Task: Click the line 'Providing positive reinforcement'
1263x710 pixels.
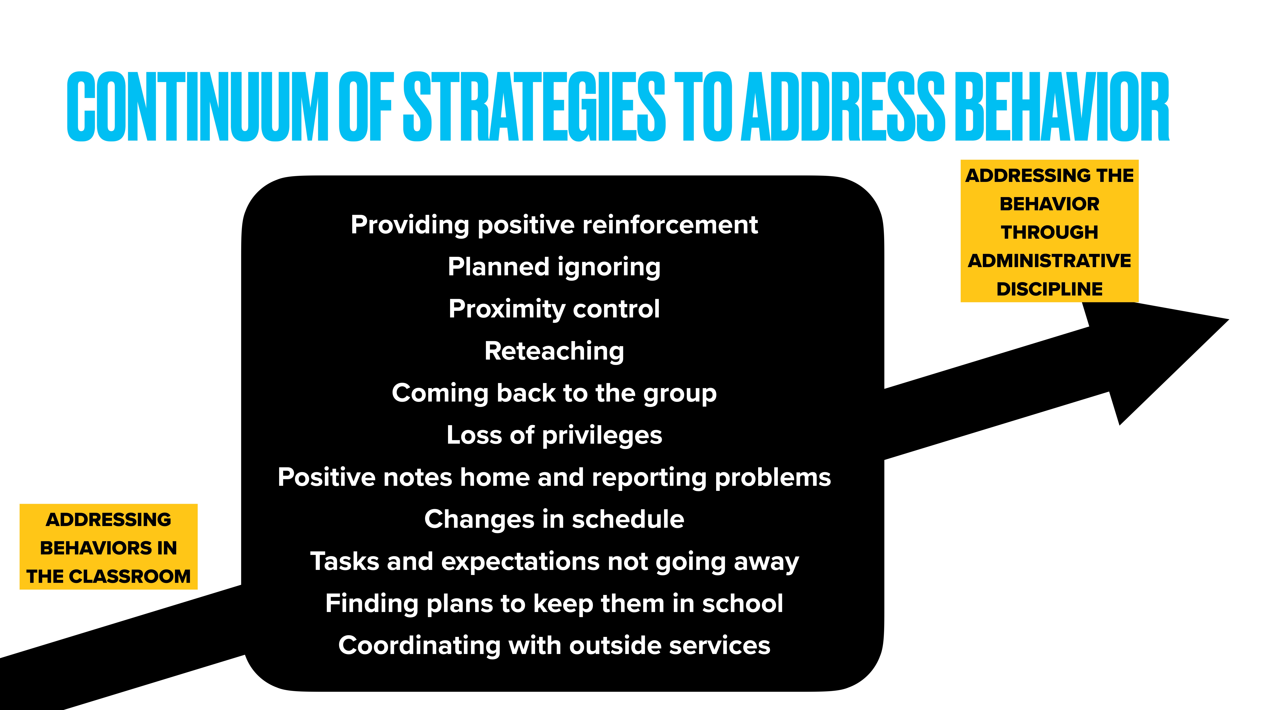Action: (x=554, y=225)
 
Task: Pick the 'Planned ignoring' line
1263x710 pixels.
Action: (x=554, y=267)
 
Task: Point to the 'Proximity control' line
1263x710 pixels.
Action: (x=554, y=309)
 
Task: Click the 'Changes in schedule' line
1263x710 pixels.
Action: (x=554, y=519)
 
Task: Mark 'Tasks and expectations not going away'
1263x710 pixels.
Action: (x=554, y=562)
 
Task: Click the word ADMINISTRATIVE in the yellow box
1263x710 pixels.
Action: (x=1049, y=261)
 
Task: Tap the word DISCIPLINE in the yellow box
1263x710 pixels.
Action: (x=1049, y=289)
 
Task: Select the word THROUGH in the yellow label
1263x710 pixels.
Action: (x=1049, y=232)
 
